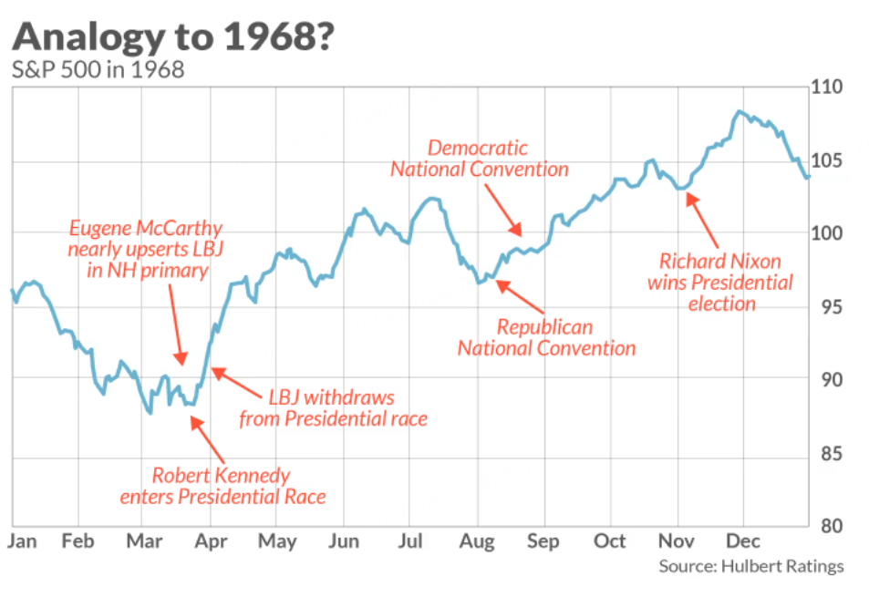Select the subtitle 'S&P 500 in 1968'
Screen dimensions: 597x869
tap(98, 70)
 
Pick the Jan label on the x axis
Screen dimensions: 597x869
tap(22, 541)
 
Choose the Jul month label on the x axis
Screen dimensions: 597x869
tap(410, 541)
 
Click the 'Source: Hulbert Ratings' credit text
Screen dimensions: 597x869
tap(751, 567)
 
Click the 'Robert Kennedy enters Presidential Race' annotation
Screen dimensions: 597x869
tap(222, 486)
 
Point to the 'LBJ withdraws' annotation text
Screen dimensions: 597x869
tap(332, 407)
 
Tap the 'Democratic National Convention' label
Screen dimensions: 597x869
tap(479, 159)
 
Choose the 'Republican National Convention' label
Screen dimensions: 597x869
tap(545, 337)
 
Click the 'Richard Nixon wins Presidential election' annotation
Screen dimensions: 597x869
tap(720, 283)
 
